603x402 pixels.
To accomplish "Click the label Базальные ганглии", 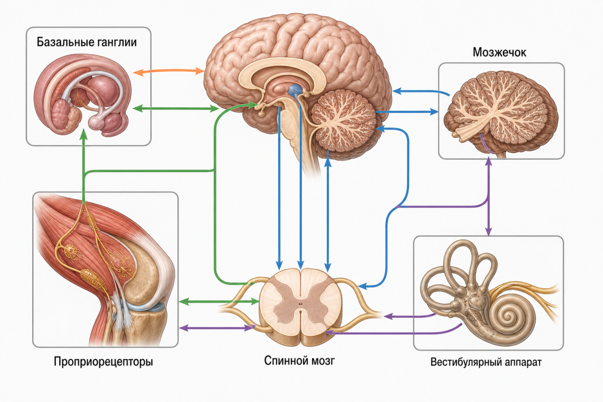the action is point(86,42).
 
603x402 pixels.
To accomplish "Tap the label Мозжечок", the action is point(499,52).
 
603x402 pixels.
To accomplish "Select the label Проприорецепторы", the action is point(104,362).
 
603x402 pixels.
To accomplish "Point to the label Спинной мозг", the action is point(299,360).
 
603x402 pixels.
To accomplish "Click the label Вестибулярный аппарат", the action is point(486,362).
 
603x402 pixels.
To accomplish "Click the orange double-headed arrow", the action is point(169,71).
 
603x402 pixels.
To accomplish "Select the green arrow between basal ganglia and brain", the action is point(176,109).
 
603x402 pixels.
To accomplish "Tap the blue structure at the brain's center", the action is point(295,89).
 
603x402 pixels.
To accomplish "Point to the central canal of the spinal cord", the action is point(300,304).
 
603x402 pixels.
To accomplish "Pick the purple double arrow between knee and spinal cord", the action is point(217,328).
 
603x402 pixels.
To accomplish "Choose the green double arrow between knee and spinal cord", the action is point(219,301).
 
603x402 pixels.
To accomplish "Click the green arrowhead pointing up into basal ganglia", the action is point(84,134).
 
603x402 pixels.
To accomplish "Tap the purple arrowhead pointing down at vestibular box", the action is point(488,231).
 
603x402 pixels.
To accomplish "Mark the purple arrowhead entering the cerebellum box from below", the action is point(488,162).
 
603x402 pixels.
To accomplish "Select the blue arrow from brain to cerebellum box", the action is point(407,112).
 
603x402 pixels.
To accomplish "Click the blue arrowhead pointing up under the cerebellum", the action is point(328,163).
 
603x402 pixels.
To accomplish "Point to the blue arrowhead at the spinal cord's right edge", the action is point(363,286).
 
